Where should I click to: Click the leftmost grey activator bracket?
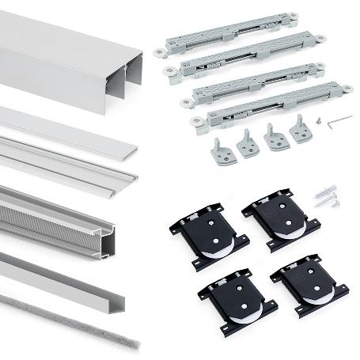222,151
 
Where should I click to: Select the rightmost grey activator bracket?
300,130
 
